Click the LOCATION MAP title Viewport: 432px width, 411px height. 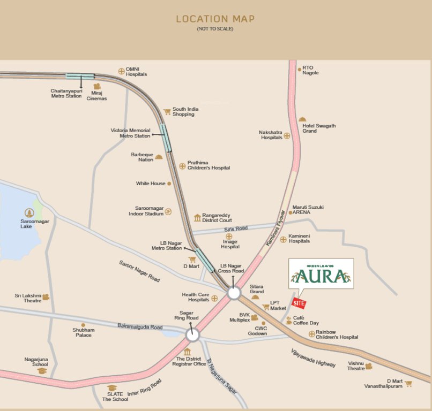(x=215, y=19)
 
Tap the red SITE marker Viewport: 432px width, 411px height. (x=299, y=303)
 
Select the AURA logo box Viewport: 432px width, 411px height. (x=321, y=273)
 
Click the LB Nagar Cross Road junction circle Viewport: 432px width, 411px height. (x=234, y=293)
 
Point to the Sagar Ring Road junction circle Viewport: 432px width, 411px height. (x=193, y=336)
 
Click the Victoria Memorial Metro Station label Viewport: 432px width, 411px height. (x=130, y=133)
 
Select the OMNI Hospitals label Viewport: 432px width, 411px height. (x=136, y=72)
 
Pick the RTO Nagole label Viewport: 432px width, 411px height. (x=310, y=70)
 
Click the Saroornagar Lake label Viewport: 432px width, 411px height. (x=34, y=223)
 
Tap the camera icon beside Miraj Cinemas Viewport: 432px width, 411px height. (x=97, y=86)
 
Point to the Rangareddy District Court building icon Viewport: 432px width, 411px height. (x=197, y=218)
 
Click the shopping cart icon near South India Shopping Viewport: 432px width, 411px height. (x=167, y=112)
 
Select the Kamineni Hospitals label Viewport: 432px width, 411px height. (x=299, y=238)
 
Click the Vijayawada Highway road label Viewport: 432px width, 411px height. (x=313, y=357)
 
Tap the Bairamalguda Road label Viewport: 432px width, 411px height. (x=140, y=326)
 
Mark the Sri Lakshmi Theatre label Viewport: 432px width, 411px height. (x=27, y=298)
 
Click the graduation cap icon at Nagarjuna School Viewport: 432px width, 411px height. (x=42, y=370)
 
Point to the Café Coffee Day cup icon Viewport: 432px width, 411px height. (x=289, y=321)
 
